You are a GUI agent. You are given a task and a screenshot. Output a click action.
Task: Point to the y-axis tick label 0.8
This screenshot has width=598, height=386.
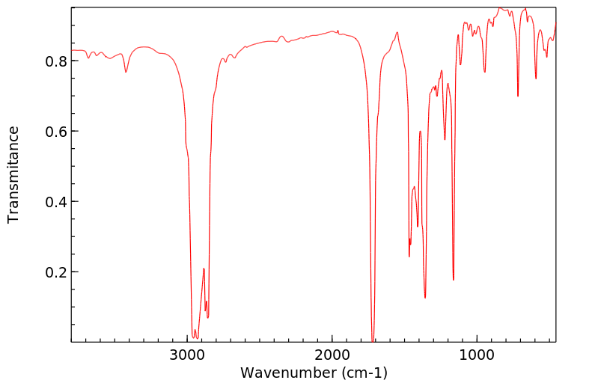(57, 61)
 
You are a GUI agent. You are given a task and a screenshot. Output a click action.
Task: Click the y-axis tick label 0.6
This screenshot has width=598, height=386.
(57, 132)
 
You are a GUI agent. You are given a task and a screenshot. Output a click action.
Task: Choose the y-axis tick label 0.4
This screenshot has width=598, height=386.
(57, 202)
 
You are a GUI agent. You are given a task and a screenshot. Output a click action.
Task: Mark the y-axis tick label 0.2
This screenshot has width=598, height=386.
(57, 272)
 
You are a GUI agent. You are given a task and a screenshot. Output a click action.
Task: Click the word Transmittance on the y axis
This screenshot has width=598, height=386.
(13, 174)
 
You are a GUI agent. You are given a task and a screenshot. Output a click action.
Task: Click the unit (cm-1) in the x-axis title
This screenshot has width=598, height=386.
(364, 372)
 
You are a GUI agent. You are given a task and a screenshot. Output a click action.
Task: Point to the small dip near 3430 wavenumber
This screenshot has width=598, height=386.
(126, 72)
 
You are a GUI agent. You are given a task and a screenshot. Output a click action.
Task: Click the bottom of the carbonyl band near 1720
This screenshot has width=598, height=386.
(373, 340)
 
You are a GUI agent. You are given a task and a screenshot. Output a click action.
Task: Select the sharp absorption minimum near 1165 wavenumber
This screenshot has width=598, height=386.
(454, 280)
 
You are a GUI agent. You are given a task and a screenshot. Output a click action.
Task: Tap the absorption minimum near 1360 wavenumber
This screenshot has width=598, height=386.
(425, 298)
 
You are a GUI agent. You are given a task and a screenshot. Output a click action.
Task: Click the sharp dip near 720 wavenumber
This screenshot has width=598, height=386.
(518, 96)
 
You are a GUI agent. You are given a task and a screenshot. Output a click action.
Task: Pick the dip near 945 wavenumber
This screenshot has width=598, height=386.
(485, 72)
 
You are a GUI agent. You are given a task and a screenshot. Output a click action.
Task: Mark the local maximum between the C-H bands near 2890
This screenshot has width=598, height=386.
(204, 269)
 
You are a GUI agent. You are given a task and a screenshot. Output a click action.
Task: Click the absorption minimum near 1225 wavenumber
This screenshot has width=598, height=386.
(445, 139)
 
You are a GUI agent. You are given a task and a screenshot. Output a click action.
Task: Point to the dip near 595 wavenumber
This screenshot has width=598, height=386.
(536, 79)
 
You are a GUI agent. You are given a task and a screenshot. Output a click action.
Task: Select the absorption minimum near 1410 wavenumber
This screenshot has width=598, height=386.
(418, 227)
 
